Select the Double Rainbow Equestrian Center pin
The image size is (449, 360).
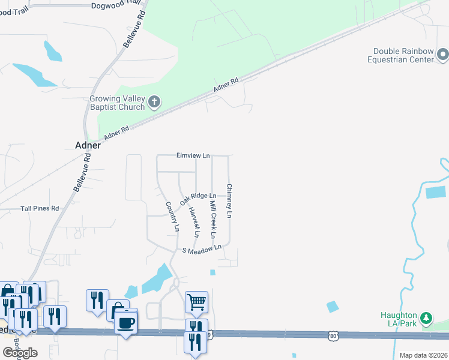pos(443,56)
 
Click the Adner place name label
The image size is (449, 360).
pos(88,145)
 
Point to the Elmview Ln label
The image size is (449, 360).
pos(193,155)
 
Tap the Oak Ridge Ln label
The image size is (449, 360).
pos(198,196)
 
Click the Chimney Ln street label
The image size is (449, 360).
pos(229,200)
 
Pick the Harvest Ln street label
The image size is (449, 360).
pos(193,221)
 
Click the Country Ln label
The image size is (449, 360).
pos(172,217)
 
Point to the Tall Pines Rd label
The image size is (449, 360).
pos(40,208)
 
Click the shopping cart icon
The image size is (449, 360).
pos(196,302)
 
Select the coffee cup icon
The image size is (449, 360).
pos(126,323)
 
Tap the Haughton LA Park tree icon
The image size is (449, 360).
pos(426,317)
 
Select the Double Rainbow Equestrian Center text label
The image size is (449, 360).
pos(403,56)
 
